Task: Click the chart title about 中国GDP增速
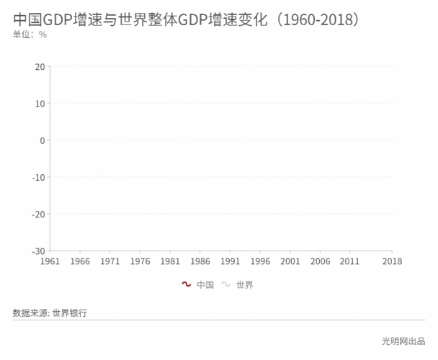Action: [186, 19]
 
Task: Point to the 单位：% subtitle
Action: [30, 35]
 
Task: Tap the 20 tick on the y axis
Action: [40, 67]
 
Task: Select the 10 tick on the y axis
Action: [40, 104]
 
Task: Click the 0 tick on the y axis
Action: [43, 140]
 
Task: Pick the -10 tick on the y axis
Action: [37, 177]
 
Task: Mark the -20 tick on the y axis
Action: [37, 214]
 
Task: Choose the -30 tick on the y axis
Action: [37, 251]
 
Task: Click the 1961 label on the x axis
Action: [50, 261]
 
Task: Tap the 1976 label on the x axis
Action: [140, 261]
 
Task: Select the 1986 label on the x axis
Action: [200, 261]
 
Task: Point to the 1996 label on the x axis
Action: [260, 261]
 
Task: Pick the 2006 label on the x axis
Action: [320, 261]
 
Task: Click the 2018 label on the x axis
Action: [392, 261]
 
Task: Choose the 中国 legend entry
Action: [205, 284]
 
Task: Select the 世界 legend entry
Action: [245, 284]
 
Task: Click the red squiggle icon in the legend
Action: [187, 284]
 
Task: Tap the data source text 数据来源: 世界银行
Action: [50, 312]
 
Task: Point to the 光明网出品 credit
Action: [403, 341]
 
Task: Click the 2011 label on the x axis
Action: [350, 261]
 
